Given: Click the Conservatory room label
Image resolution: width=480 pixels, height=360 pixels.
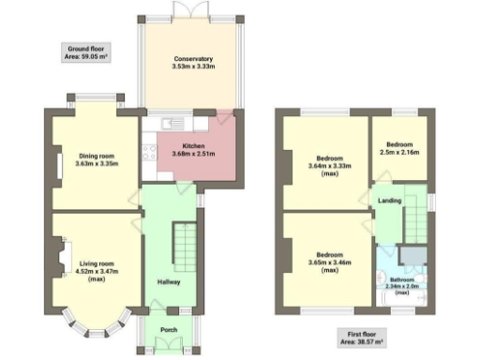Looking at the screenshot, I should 194,59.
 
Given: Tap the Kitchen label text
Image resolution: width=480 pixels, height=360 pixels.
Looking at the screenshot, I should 194,146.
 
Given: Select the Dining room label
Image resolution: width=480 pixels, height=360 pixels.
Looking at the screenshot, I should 95,156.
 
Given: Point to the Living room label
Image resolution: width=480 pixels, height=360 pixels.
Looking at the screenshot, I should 96,263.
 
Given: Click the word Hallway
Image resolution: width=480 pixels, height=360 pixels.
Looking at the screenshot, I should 168,281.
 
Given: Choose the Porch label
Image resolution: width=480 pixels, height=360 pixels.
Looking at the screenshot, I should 169,328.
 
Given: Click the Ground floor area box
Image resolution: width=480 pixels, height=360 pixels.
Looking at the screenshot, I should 84,52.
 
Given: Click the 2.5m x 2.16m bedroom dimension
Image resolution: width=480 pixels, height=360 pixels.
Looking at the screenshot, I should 399,152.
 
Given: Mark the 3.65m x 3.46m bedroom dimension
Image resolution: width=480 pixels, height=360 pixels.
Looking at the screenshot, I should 328,265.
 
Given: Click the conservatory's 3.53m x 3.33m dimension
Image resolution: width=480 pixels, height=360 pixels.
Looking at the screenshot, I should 194,67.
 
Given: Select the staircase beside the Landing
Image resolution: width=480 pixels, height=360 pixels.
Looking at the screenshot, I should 414,222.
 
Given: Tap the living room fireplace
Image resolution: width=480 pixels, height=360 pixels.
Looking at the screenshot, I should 63,258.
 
